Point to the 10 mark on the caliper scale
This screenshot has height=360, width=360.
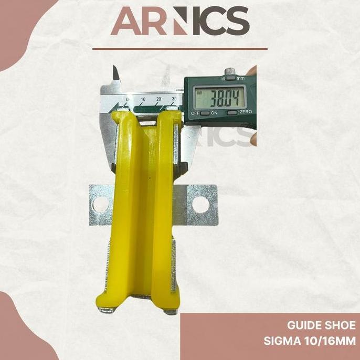tap(143, 99)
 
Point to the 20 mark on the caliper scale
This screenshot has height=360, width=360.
tap(158, 98)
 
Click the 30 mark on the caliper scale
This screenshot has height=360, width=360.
tap(174, 98)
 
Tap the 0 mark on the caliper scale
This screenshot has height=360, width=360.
tap(128, 99)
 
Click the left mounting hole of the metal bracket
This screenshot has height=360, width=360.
tap(101, 202)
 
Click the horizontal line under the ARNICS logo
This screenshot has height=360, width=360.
tap(180, 49)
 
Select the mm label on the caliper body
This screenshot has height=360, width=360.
tap(240, 79)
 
